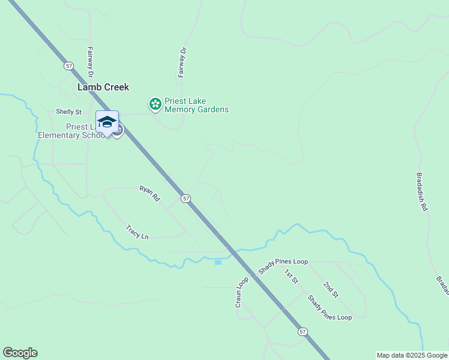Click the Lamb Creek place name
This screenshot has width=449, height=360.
click(103, 87)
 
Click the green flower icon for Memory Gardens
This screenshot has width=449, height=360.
click(155, 104)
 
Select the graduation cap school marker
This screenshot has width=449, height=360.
click(107, 122)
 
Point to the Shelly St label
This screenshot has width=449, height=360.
click(68, 112)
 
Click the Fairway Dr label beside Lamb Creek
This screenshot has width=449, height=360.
click(91, 63)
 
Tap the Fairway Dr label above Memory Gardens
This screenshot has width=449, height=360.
click(182, 62)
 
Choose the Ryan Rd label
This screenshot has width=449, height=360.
click(150, 193)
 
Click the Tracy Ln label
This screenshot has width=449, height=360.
click(137, 232)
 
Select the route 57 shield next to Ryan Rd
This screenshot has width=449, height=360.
click(186, 198)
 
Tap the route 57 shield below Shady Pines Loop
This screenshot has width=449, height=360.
click(303, 331)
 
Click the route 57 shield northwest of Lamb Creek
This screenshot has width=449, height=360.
click(70, 65)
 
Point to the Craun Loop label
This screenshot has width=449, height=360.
click(242, 293)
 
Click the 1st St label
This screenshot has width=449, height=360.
click(291, 276)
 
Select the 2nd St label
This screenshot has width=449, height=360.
click(331, 290)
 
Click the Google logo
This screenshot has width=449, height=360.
click(20, 353)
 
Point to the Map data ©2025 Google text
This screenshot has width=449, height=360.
click(412, 355)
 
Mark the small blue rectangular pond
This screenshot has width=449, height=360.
click(218, 262)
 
